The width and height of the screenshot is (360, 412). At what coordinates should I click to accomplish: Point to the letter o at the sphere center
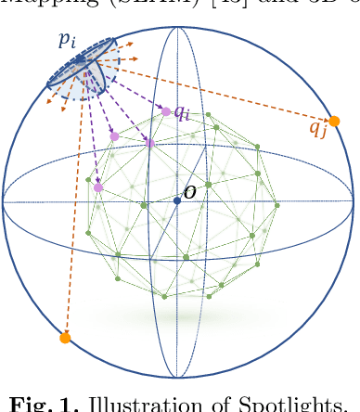click(x=189, y=192)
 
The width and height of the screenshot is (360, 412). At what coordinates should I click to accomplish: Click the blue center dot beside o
click(x=176, y=200)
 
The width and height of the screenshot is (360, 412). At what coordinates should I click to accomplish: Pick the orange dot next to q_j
click(x=334, y=121)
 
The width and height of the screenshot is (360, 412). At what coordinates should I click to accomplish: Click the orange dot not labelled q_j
click(x=64, y=338)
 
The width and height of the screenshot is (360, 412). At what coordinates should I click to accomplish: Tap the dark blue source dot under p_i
click(x=81, y=60)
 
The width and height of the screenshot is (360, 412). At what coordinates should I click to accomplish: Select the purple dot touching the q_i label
click(x=166, y=111)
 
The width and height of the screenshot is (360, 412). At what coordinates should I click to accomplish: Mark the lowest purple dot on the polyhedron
click(x=97, y=188)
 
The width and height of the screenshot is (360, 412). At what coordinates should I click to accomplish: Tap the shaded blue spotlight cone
click(x=93, y=74)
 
